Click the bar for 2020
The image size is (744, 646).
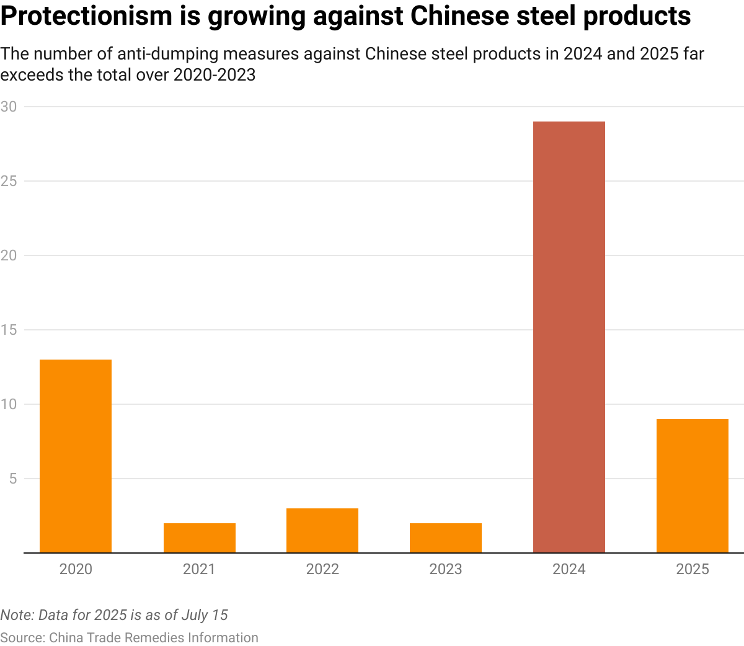point(76,456)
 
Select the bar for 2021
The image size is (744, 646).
point(199,538)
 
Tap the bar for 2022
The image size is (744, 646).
point(322,530)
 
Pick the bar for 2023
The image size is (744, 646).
point(446,538)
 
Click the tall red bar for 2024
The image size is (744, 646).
point(569,337)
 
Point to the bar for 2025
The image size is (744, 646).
point(692,485)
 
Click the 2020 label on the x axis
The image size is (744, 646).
point(76,569)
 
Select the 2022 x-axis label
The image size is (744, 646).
point(322,569)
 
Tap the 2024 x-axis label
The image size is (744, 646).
point(569,569)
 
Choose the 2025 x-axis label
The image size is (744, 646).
point(692,569)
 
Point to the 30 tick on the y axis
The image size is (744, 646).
point(9,107)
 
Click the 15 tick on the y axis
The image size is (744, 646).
point(9,330)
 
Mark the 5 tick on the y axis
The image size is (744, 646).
point(12,479)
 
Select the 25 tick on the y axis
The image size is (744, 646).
point(9,181)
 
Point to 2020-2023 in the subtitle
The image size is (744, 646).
point(215,75)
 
